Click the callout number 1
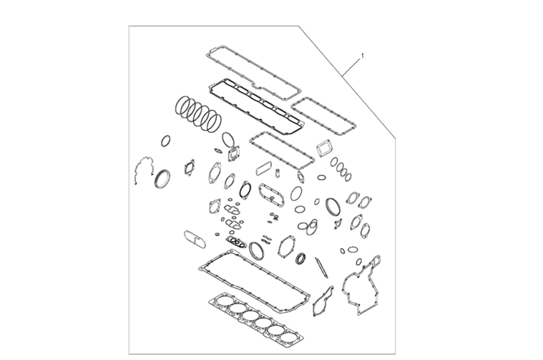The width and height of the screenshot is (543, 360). [362, 56]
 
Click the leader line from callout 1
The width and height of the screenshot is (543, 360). [351, 67]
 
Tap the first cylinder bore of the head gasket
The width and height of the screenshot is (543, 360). [224, 301]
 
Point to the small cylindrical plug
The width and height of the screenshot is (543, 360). [277, 173]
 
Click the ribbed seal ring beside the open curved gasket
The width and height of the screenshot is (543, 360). [162, 179]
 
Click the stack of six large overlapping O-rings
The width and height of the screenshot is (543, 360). [198, 114]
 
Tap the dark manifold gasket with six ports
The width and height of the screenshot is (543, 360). [257, 106]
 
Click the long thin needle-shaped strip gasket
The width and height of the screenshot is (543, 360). [322, 267]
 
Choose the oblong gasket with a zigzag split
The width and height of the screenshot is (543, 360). [195, 240]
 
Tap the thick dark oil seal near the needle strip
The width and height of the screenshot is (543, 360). [300, 259]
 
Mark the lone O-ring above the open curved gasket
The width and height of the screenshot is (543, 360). [165, 141]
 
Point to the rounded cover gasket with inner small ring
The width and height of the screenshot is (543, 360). [271, 195]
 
